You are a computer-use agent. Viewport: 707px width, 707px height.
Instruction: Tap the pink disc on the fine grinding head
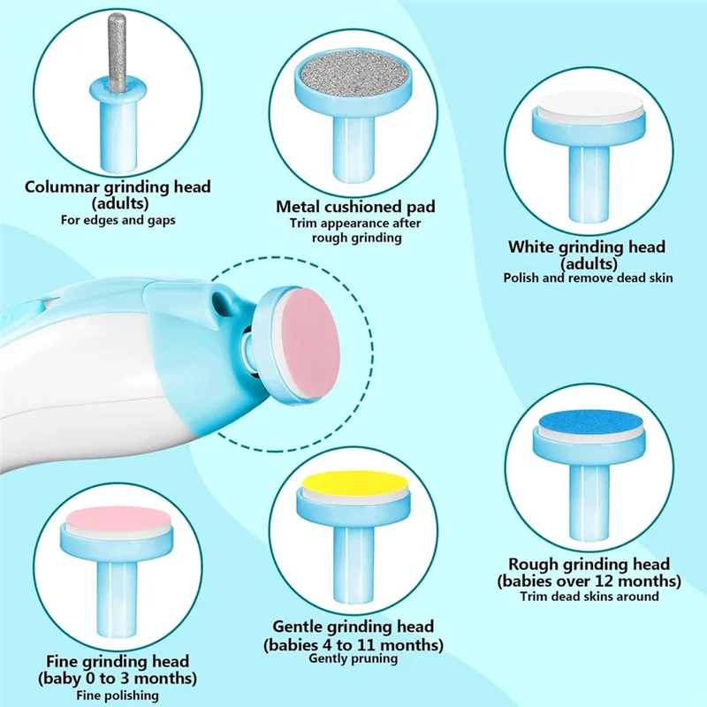pyautogui.click(x=117, y=517)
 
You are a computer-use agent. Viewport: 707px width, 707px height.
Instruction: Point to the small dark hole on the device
pyautogui.click(x=217, y=307)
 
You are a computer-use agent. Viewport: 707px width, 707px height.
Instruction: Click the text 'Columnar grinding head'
pyautogui.click(x=118, y=186)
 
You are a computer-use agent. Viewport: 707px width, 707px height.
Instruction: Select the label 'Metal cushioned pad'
pyautogui.click(x=356, y=207)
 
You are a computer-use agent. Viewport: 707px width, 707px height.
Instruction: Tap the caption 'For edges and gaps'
pyautogui.click(x=118, y=219)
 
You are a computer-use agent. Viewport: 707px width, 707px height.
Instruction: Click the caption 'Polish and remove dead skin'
pyautogui.click(x=588, y=277)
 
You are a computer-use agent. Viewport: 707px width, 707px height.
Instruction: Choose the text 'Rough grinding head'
pyautogui.click(x=589, y=564)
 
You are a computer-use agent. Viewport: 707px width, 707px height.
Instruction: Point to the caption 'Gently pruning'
pyautogui.click(x=353, y=658)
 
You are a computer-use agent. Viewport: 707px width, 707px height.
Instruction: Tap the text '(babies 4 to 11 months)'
pyautogui.click(x=353, y=643)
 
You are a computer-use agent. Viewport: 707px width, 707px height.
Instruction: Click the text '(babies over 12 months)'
pyautogui.click(x=589, y=581)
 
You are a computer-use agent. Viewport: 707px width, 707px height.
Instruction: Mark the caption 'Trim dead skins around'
pyautogui.click(x=589, y=597)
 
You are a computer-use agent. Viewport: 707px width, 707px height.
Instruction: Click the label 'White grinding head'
pyautogui.click(x=587, y=247)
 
